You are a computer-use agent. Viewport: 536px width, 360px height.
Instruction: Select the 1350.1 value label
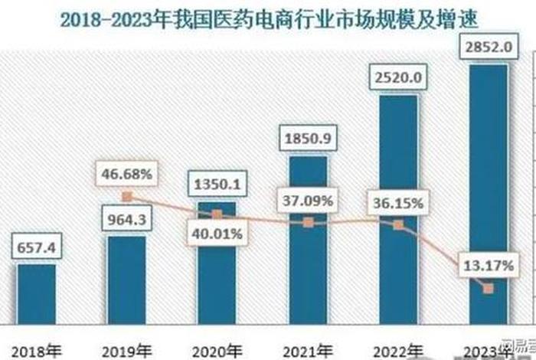click(217, 185)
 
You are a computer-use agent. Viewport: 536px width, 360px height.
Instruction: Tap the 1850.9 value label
click(308, 141)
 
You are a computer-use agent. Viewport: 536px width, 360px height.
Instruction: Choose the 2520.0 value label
click(398, 79)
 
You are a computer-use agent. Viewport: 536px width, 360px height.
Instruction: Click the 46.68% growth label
click(126, 174)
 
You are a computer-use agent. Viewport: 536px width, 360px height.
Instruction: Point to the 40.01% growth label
click(217, 234)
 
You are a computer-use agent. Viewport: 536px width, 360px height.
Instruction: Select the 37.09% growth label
click(308, 201)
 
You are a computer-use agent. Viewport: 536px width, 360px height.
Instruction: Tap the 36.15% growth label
click(398, 204)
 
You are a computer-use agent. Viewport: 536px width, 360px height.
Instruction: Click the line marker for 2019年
click(127, 196)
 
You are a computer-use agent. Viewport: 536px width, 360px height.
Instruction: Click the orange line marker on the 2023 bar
click(488, 289)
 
